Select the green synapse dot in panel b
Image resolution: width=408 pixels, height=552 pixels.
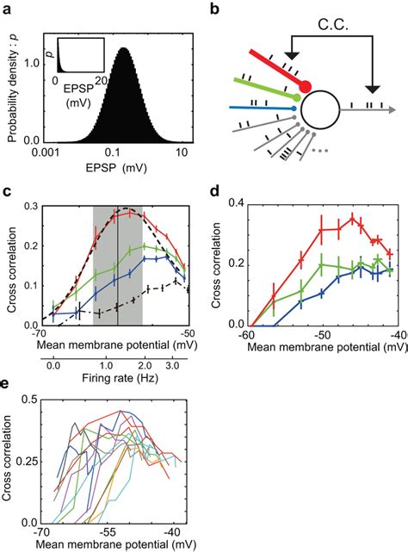tap(299, 99)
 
